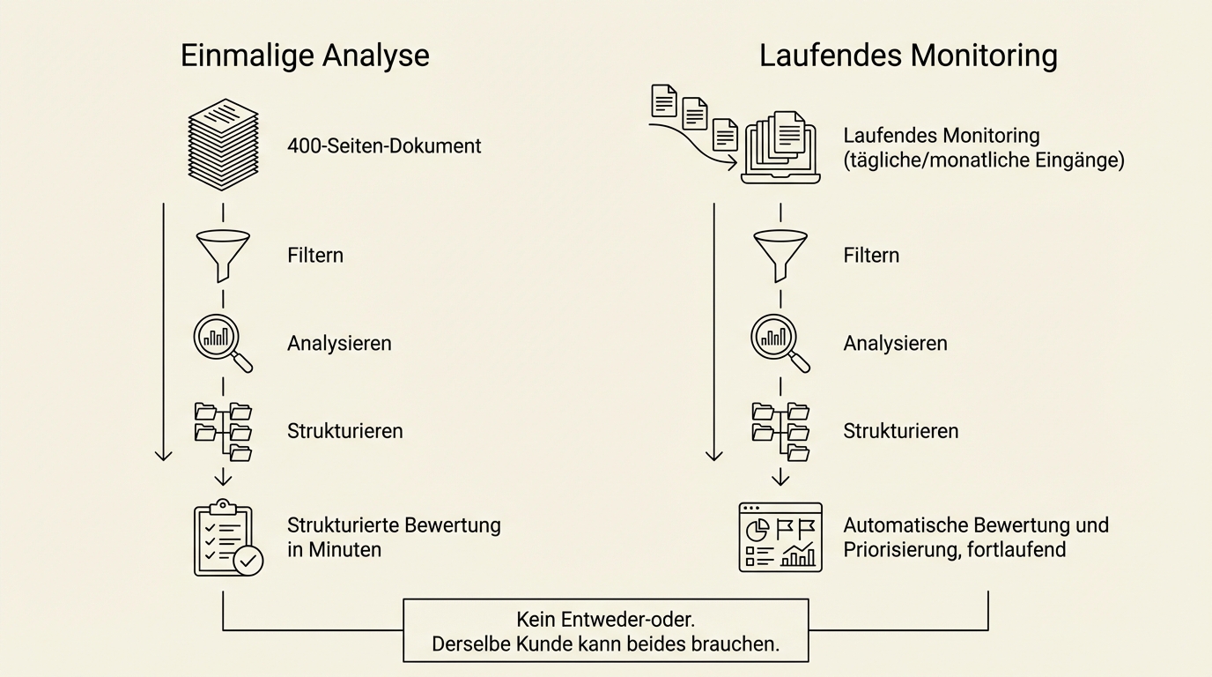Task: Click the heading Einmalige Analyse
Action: (305, 56)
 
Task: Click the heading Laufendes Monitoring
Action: (908, 56)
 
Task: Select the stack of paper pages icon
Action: (224, 145)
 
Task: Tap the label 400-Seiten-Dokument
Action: (384, 145)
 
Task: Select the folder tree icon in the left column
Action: (223, 431)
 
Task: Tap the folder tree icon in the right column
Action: (780, 431)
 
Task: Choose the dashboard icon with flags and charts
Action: (780, 538)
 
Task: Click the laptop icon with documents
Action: (780, 147)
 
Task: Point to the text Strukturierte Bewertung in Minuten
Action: (394, 537)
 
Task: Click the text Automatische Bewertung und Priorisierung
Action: (976, 537)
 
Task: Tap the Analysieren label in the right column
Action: (895, 343)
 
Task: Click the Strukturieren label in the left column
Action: (344, 431)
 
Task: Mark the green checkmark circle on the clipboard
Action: (248, 560)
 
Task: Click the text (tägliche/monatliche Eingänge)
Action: (984, 161)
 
